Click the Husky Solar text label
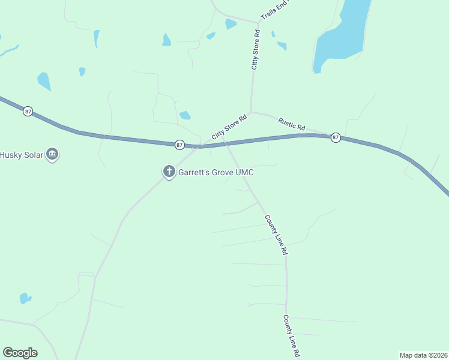tap(22, 154)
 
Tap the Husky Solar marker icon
tap(52, 154)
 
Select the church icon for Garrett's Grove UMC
tap(169, 172)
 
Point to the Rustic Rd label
tap(292, 124)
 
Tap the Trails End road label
tap(274, 10)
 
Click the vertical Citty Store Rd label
tap(255, 49)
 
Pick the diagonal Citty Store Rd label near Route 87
tap(229, 128)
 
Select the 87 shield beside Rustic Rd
tap(336, 137)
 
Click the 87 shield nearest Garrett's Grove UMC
tap(179, 145)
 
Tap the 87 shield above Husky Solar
tap(28, 112)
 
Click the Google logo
tap(20, 353)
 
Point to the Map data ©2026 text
tap(423, 355)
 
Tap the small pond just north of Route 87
tap(185, 115)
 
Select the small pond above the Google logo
tap(25, 298)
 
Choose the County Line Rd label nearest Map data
tap(292, 336)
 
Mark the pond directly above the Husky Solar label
tap(44, 80)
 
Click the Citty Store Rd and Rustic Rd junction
tap(252, 112)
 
